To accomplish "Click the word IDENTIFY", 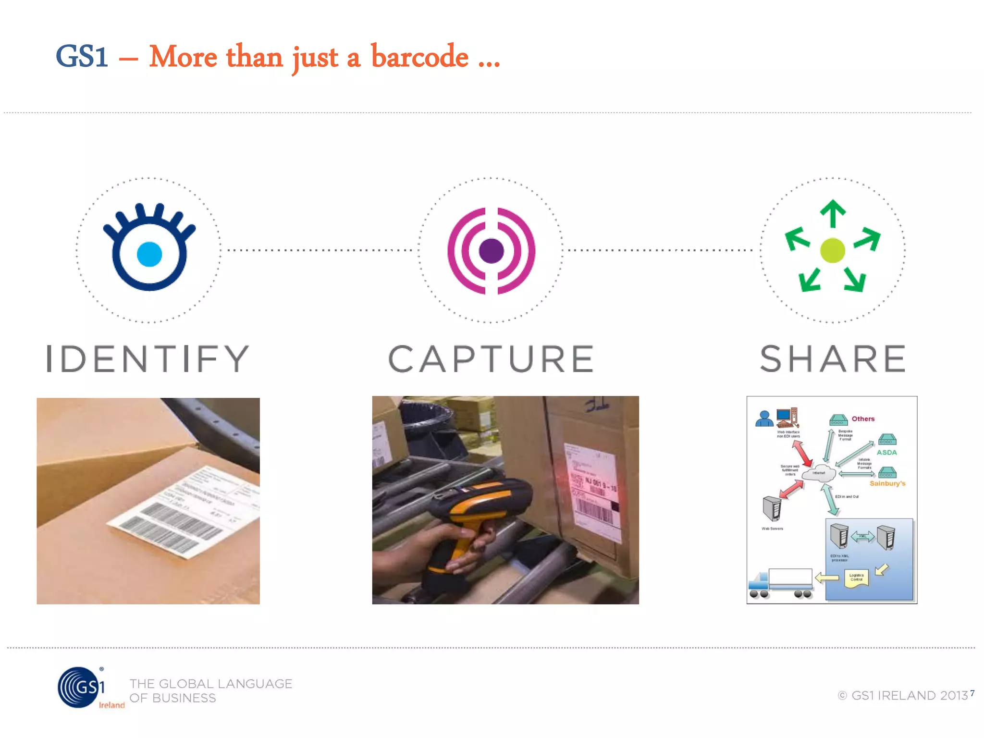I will pyautogui.click(x=148, y=359).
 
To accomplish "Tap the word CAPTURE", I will pyautogui.click(x=491, y=359).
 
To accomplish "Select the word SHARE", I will pyautogui.click(x=833, y=359).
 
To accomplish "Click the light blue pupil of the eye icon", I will pyautogui.click(x=149, y=254).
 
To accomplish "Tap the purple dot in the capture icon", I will pyautogui.click(x=491, y=251).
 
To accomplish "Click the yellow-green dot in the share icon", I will pyautogui.click(x=833, y=250).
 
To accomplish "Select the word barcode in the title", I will pyautogui.click(x=419, y=57).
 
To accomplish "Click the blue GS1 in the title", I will pyautogui.click(x=82, y=56).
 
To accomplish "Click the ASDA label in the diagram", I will pyautogui.click(x=886, y=452).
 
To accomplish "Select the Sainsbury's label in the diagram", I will pyautogui.click(x=887, y=483).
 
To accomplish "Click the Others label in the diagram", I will pyautogui.click(x=863, y=419).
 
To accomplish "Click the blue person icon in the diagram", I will pyautogui.click(x=764, y=419).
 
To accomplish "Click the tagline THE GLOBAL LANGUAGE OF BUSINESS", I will pyautogui.click(x=210, y=690).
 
